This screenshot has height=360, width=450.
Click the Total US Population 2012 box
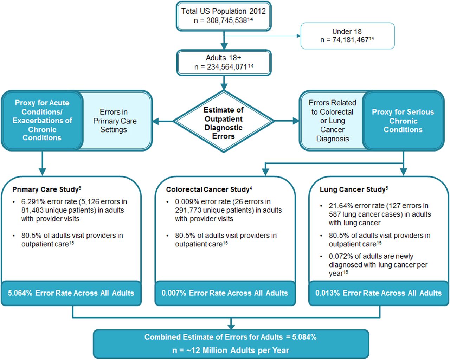[x=224, y=16]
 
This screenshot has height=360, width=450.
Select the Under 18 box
[x=347, y=36]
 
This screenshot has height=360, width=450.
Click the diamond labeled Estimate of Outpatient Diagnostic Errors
[x=224, y=121]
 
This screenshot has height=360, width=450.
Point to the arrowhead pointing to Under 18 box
[x=298, y=36]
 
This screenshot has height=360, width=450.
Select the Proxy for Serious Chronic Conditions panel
[x=403, y=121]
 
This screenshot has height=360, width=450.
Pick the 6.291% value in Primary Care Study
[x=33, y=202]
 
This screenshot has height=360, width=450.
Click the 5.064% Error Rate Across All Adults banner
[x=71, y=293]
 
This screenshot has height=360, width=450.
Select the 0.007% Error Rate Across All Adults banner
[x=225, y=293]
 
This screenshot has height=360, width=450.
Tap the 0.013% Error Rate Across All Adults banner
[x=379, y=293]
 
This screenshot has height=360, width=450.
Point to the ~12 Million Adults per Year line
[x=231, y=351]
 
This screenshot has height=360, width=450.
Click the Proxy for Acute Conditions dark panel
[x=42, y=120]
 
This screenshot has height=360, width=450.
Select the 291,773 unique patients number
[x=187, y=210]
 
